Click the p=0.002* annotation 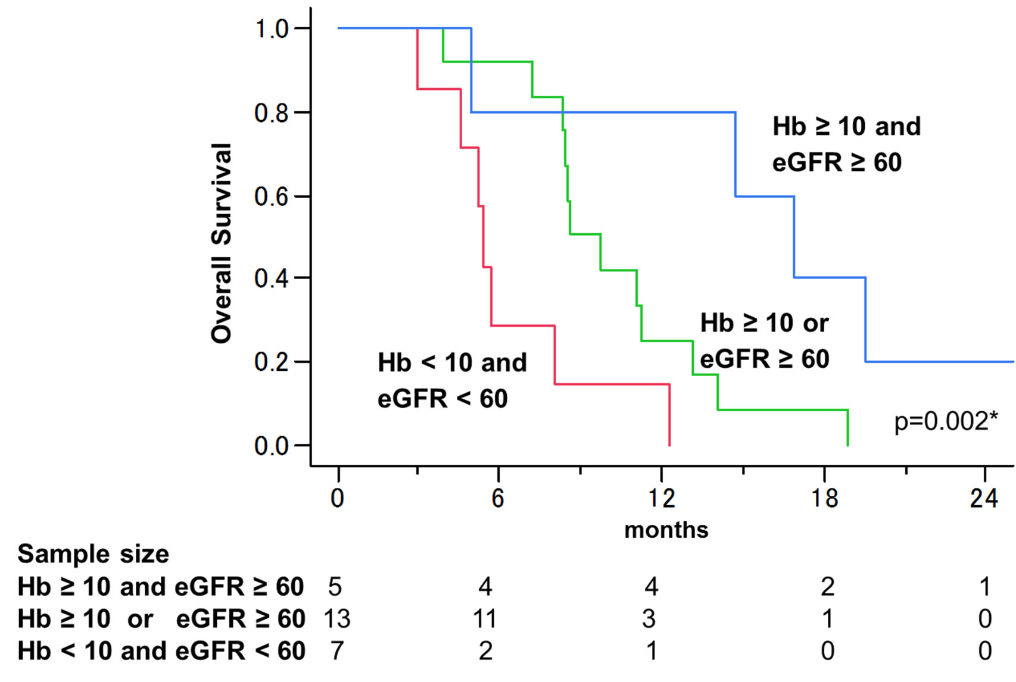[946, 421]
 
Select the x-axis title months [666, 530]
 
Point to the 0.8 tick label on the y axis [272, 112]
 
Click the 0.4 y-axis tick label [272, 278]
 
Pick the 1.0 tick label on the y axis [272, 29]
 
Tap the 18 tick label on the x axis [824, 498]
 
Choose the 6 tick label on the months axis [498, 498]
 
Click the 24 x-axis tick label [984, 498]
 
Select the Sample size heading [93, 554]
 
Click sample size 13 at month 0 [336, 619]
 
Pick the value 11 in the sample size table [485, 619]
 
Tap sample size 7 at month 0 [337, 651]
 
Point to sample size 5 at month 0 [335, 587]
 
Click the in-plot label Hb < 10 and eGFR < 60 [451, 380]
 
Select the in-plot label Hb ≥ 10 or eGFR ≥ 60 [765, 341]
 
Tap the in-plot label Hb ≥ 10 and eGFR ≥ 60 [846, 144]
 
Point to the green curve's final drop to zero [847, 428]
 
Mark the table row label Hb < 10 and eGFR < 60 [161, 651]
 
